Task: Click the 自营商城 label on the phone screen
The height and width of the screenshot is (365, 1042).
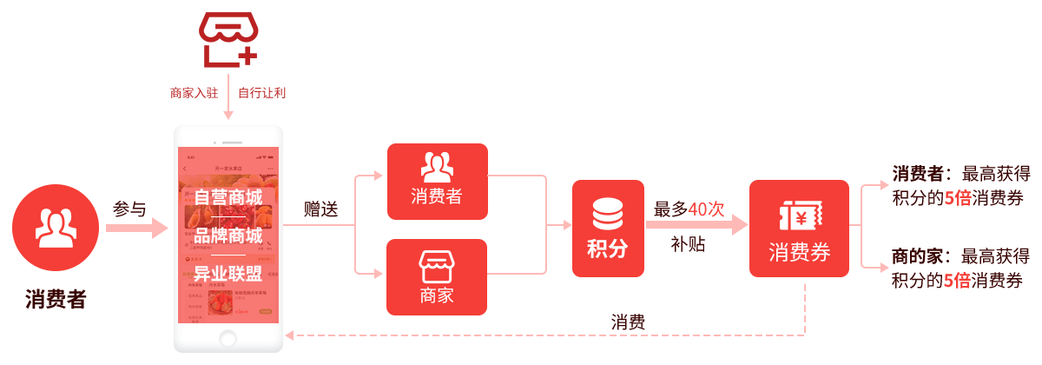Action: (228, 198)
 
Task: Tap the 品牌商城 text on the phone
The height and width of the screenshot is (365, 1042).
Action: (228, 236)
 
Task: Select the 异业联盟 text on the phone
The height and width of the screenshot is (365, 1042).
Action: (228, 275)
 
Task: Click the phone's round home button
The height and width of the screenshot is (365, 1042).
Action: (228, 337)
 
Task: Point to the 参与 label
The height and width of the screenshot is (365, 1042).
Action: (129, 209)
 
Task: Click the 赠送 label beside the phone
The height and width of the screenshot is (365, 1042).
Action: (321, 209)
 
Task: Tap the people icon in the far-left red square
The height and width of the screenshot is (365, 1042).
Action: (55, 224)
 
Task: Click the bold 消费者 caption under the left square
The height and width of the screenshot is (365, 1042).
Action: (56, 300)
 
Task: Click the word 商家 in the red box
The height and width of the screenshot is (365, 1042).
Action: (437, 295)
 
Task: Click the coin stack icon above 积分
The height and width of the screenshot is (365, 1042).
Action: (607, 214)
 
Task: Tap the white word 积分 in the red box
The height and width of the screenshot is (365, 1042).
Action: (607, 249)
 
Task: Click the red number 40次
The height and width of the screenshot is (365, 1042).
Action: (706, 209)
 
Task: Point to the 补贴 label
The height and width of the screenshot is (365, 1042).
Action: (688, 244)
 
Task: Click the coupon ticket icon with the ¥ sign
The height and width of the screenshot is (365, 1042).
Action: (799, 214)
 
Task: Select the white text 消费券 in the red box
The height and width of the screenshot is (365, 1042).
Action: (799, 253)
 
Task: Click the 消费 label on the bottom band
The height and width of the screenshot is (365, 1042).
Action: (628, 322)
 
